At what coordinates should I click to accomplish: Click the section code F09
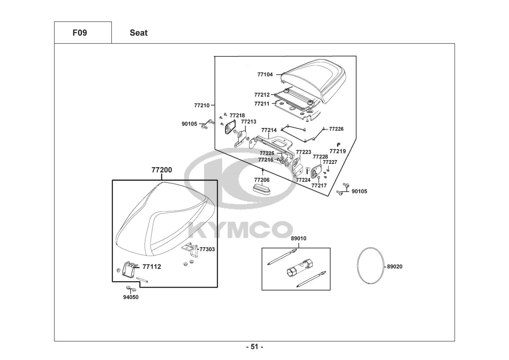pyautogui.click(x=80, y=33)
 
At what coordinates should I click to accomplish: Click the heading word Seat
pyautogui.click(x=138, y=33)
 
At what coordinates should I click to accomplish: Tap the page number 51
pyautogui.click(x=254, y=347)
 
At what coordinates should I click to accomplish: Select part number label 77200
pyautogui.click(x=162, y=170)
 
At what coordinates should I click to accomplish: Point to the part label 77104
pyautogui.click(x=265, y=75)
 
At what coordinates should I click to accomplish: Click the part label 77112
pyautogui.click(x=151, y=267)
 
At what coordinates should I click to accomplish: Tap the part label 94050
pyautogui.click(x=131, y=297)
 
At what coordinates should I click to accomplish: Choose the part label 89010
pyautogui.click(x=299, y=238)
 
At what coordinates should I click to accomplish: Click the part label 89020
pyautogui.click(x=395, y=267)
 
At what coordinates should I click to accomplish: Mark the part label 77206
pyautogui.click(x=262, y=180)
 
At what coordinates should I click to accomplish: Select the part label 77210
pyautogui.click(x=201, y=105)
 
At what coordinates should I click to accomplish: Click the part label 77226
pyautogui.click(x=336, y=129)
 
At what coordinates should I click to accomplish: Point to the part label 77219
pyautogui.click(x=337, y=151)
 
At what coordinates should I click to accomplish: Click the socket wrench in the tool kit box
pyautogui.click(x=299, y=267)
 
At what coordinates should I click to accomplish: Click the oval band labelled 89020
pyautogui.click(x=371, y=267)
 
